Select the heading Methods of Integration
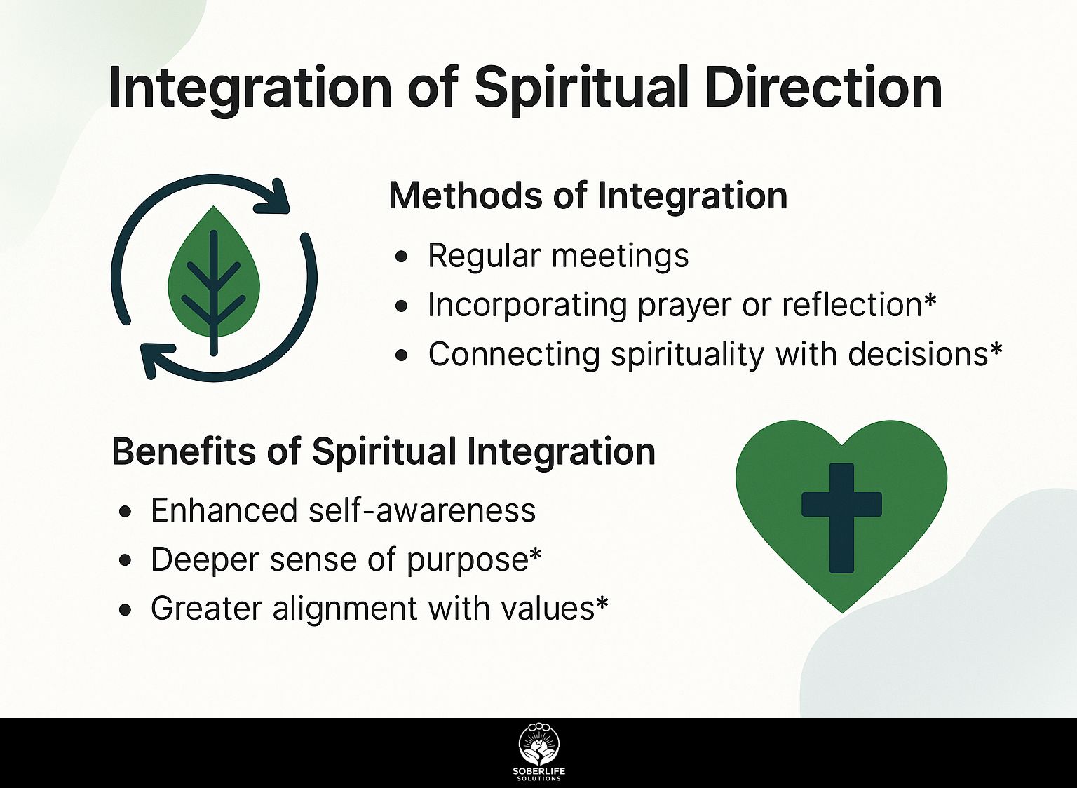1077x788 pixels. coord(588,197)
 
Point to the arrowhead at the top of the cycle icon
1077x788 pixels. coord(273,196)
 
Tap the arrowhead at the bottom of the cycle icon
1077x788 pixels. coord(156,360)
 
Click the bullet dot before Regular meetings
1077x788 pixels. coord(401,257)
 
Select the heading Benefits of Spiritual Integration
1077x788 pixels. coord(384,452)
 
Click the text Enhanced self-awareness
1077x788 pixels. coord(344,510)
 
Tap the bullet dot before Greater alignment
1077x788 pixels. coord(125,610)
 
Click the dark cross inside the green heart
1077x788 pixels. coord(841,518)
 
